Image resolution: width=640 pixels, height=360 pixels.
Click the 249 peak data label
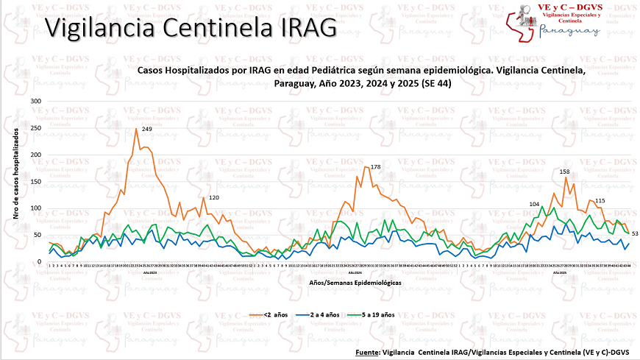(147, 130)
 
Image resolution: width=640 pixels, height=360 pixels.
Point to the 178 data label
(376, 168)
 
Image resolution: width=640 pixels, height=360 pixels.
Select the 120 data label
(215, 198)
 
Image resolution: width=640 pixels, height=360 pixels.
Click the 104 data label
(534, 204)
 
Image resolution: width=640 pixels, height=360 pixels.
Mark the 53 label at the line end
(633, 234)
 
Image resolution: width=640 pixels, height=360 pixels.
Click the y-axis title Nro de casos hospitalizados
(15, 180)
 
